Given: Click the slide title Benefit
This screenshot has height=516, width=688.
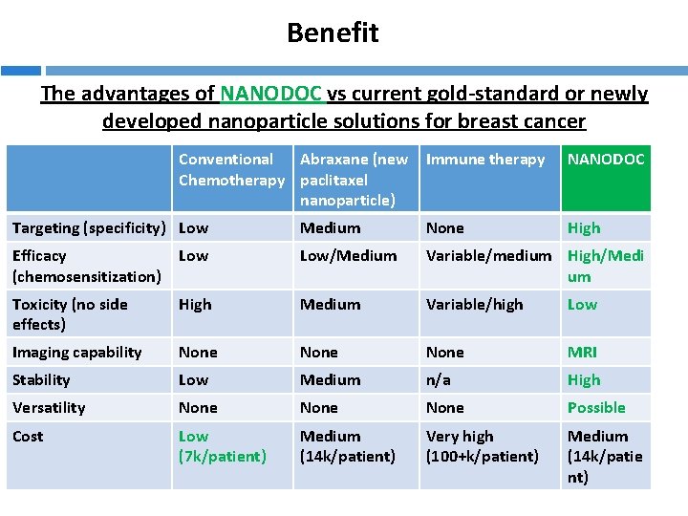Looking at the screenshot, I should (x=333, y=32).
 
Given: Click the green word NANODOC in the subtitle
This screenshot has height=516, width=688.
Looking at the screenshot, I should (x=272, y=94).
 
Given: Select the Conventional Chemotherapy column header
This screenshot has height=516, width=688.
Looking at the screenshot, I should (x=231, y=170).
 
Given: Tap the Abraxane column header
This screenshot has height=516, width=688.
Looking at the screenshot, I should (x=354, y=179).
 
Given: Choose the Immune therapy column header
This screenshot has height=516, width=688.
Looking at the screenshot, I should (x=485, y=160).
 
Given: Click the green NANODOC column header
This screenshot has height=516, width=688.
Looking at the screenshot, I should (x=606, y=160).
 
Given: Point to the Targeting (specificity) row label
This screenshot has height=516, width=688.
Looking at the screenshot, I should (x=92, y=228).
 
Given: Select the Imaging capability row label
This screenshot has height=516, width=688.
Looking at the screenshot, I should (x=76, y=353).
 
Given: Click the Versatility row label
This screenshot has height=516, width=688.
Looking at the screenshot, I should (x=49, y=408).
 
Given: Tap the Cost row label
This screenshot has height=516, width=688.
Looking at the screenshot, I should (x=28, y=437).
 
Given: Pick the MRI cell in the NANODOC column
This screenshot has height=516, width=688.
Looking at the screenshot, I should (x=582, y=353).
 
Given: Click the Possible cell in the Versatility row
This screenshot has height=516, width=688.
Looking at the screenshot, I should (x=596, y=408).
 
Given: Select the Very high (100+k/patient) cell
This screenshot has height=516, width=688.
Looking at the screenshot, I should (x=483, y=446).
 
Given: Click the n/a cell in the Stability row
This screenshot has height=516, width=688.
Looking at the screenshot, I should (x=439, y=380).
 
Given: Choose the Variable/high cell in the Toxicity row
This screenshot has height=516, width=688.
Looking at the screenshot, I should (x=475, y=305).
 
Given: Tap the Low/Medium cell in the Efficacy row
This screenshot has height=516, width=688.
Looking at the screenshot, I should (x=348, y=256).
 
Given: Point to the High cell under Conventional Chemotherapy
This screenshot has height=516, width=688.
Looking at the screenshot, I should (x=195, y=305).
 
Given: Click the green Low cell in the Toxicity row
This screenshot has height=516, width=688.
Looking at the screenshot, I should (x=582, y=305).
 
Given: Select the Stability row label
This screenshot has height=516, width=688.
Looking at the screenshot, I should (x=41, y=380).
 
